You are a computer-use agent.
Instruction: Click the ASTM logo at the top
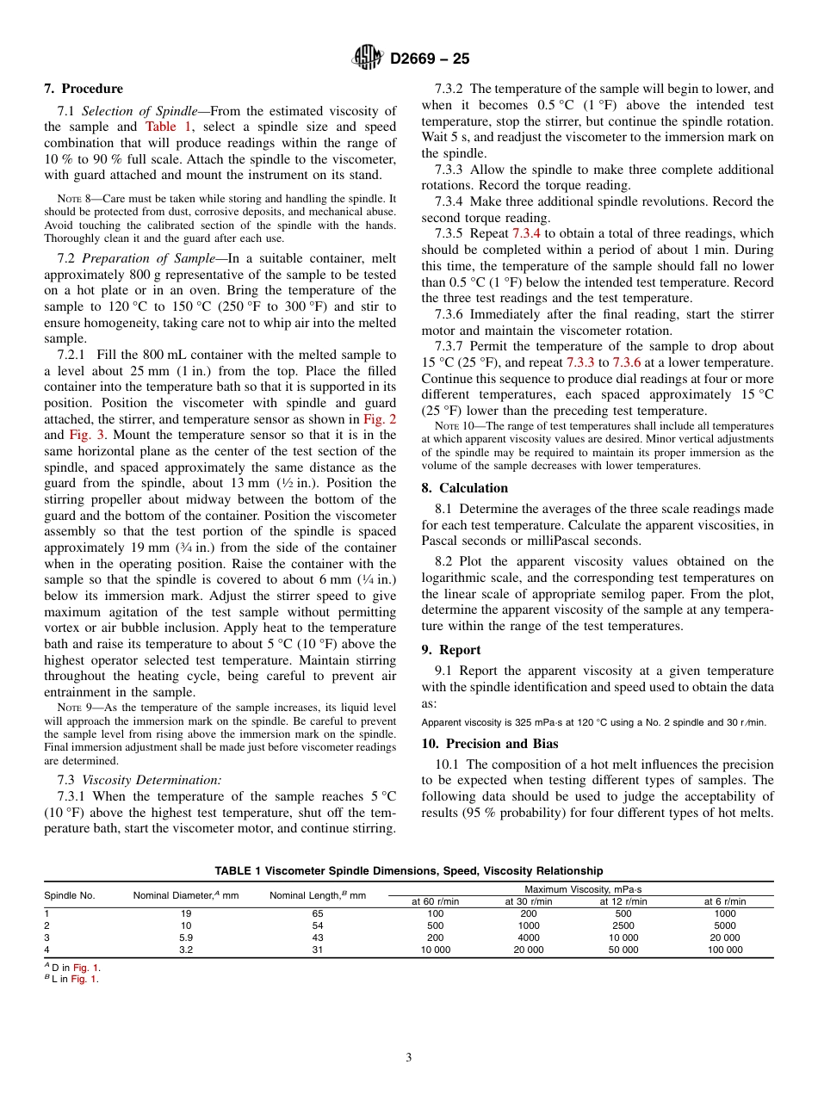[368, 59]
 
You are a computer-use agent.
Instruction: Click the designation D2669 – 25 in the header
[430, 59]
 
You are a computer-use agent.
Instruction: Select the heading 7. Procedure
[84, 89]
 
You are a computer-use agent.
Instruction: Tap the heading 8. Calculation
[464, 487]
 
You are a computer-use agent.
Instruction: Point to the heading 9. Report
[451, 650]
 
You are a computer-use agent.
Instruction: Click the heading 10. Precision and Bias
[489, 744]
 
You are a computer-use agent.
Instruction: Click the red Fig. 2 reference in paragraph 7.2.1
[380, 419]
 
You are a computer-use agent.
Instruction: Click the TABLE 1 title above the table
[408, 871]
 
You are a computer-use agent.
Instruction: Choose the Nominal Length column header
[318, 895]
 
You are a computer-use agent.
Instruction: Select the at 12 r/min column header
[623, 901]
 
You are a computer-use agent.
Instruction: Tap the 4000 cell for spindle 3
[529, 937]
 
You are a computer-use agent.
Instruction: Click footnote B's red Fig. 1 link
[84, 980]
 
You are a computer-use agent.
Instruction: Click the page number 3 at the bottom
[408, 1058]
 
